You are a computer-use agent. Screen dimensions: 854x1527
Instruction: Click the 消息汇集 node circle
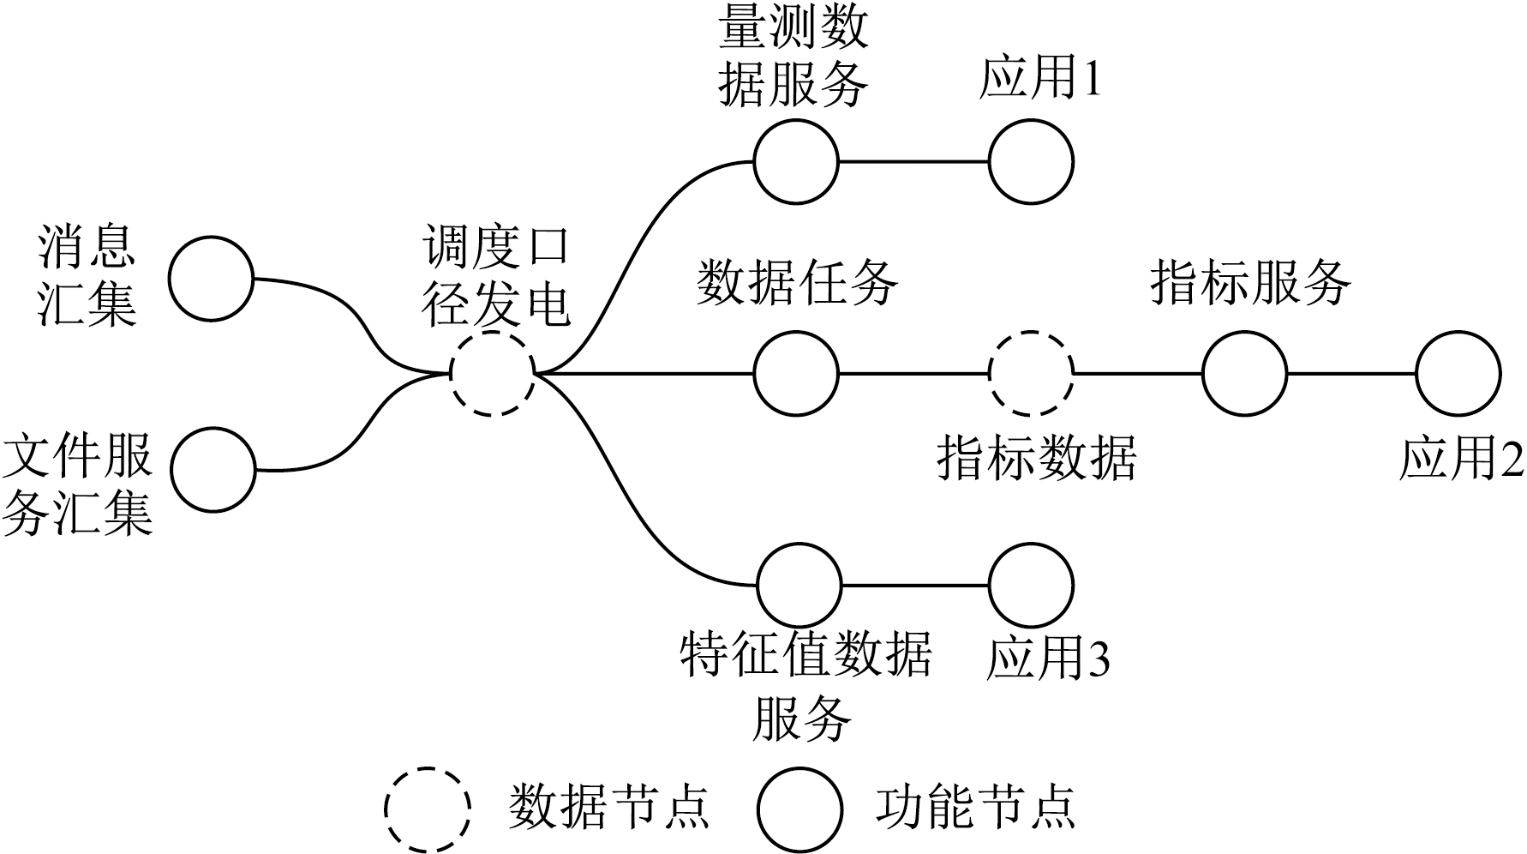coord(211,279)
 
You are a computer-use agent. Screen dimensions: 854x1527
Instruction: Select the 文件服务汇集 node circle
coord(213,469)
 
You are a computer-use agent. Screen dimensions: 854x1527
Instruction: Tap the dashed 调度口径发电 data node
coord(493,375)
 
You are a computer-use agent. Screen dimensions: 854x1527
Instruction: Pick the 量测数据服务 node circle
coord(795,161)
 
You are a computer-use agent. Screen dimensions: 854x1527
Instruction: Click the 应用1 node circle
coord(1030,161)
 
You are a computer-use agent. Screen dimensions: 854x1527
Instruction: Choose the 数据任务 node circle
coord(795,374)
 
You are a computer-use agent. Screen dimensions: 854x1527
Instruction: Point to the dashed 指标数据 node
coord(1030,374)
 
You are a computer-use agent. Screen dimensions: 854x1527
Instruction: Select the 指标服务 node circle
coord(1244,374)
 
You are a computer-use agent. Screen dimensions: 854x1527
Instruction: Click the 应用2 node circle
coord(1458,374)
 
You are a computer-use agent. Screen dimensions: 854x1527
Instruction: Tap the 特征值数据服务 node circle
coord(799,585)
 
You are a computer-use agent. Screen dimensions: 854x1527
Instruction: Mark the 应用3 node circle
coord(1030,585)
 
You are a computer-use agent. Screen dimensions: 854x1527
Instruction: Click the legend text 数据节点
coord(608,806)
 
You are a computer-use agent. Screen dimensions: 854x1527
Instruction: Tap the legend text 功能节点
coord(975,806)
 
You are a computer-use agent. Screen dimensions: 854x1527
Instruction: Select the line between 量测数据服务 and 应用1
coord(913,161)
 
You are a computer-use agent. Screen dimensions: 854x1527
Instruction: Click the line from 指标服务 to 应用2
coord(1350,374)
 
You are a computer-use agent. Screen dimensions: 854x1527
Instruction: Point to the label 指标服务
coord(1249,281)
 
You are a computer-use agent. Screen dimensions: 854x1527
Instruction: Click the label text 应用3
coord(1047,659)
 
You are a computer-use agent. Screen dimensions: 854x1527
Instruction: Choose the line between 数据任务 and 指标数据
coord(913,374)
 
